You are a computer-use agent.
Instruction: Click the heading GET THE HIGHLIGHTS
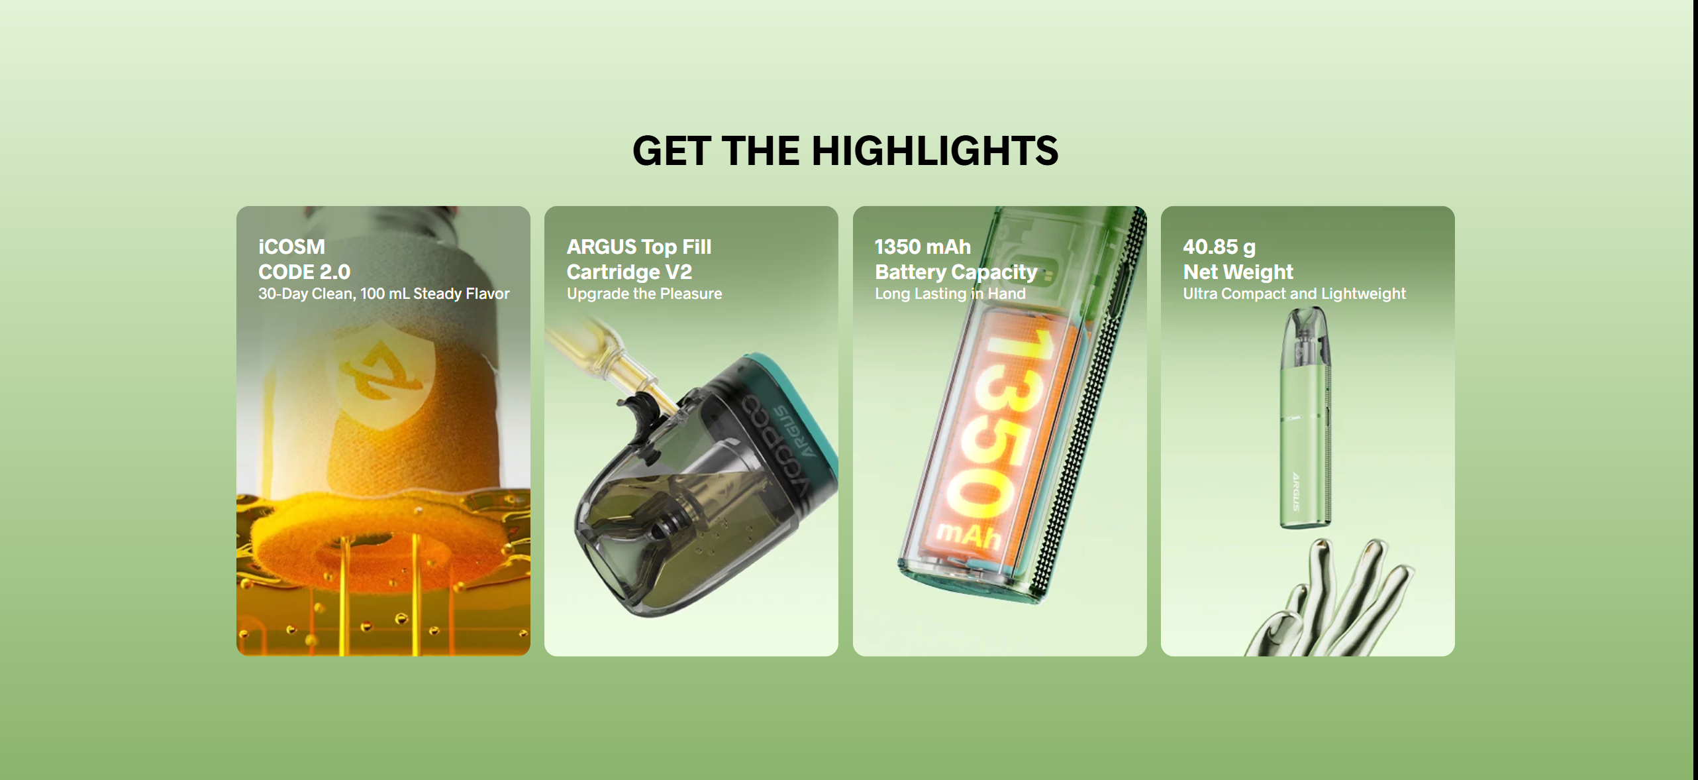click(845, 151)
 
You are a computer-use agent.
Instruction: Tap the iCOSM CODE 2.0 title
click(305, 259)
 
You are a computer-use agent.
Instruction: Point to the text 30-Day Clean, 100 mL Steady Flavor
click(384, 294)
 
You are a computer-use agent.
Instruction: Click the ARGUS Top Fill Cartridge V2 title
click(639, 259)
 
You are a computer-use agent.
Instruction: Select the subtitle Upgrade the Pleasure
click(644, 294)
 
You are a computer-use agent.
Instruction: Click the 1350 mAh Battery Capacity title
click(956, 259)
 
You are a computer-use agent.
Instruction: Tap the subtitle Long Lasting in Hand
click(950, 294)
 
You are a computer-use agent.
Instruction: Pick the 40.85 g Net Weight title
click(1238, 259)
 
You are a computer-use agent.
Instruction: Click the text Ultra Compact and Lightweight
click(1294, 294)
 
